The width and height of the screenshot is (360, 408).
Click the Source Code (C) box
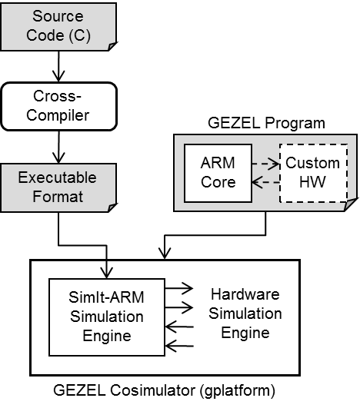coord(58,27)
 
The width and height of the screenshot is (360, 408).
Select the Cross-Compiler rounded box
coord(59,107)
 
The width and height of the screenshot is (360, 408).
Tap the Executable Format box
coord(58,188)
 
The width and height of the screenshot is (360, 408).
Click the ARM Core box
coord(218,173)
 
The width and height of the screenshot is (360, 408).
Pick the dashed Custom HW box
coord(313,173)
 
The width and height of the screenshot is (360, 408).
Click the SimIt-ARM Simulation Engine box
coord(107,317)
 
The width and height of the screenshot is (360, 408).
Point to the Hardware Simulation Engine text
coord(245,313)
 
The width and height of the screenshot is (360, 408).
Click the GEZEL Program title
coord(266,123)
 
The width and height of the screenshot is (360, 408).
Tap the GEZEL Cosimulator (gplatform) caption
coord(164,390)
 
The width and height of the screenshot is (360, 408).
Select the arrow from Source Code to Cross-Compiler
coord(58,66)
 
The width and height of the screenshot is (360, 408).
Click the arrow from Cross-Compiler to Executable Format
coord(58,147)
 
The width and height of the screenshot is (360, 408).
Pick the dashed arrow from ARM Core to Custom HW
coord(265,164)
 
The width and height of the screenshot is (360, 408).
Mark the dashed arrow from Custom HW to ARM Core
coord(265,182)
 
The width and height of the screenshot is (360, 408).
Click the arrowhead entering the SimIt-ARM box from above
coord(107,273)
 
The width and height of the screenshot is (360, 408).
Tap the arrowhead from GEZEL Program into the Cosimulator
coord(165,254)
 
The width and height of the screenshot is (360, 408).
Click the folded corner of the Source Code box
coord(113,46)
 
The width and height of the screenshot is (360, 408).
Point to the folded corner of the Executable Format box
coord(113,207)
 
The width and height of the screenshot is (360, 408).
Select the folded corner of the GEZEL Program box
coord(351,204)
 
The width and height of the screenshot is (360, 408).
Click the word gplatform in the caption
coord(238,391)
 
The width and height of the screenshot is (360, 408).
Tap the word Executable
coord(58,177)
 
